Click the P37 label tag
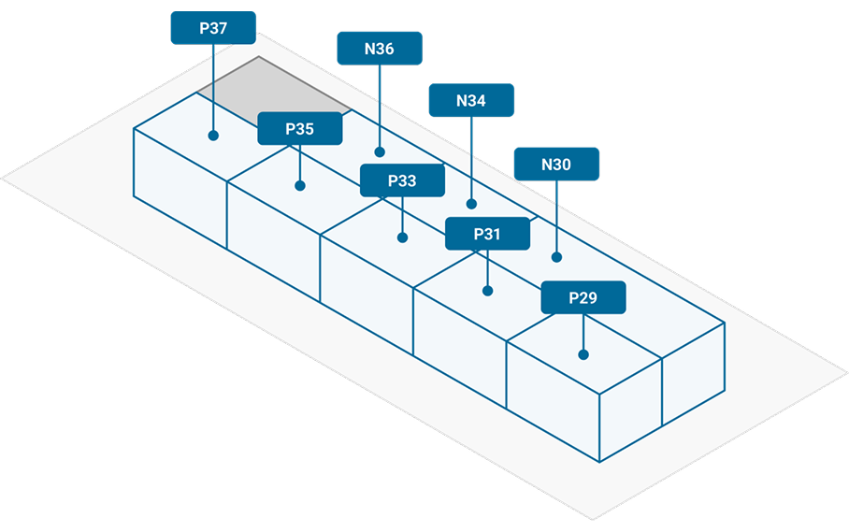[x=212, y=28]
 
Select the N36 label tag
[x=379, y=49]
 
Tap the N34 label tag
[x=471, y=100]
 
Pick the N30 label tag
[x=556, y=164]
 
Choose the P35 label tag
[x=299, y=129]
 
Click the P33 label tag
[x=402, y=180]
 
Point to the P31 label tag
[x=487, y=234]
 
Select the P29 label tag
[x=583, y=297]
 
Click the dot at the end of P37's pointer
[x=213, y=136]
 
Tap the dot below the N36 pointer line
[x=380, y=151]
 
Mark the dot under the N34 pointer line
[x=471, y=203]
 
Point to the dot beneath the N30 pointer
[x=557, y=256]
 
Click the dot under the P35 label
[x=300, y=185]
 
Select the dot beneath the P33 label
[x=403, y=237]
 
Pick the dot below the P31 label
[x=487, y=291]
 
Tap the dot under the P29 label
[x=583, y=354]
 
